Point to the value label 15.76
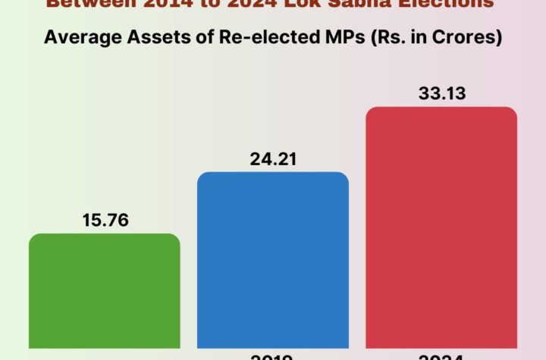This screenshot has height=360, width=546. (x=105, y=221)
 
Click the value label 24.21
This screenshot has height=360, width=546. (x=273, y=159)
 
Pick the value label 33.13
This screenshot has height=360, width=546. (x=441, y=94)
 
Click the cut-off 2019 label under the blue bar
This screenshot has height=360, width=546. (x=273, y=355)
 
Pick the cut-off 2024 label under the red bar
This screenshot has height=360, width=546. (x=441, y=355)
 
